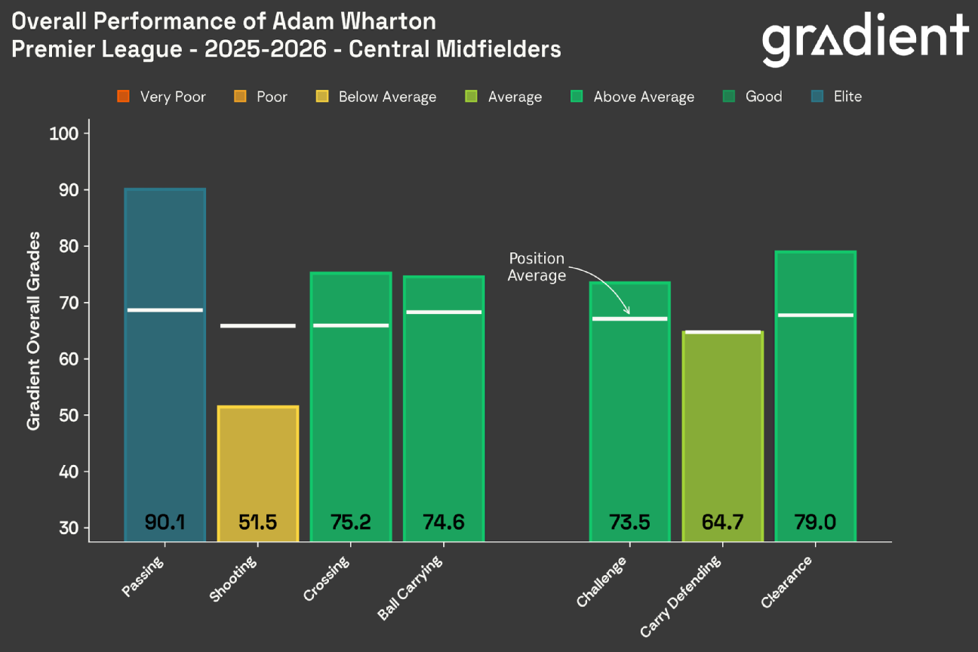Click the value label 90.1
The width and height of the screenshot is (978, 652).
tap(165, 522)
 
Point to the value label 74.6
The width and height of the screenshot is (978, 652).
tap(443, 522)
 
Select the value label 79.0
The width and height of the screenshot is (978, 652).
tap(815, 522)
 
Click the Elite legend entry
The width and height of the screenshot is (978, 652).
tap(837, 97)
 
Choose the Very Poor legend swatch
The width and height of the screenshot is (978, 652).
tap(124, 97)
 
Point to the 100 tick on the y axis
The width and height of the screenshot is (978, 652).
tap(69, 134)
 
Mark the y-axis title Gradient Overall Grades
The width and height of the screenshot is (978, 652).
tap(33, 331)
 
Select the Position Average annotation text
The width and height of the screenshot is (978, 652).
tap(537, 267)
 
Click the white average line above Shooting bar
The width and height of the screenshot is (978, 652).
tap(258, 326)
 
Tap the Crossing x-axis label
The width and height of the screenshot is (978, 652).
tap(327, 579)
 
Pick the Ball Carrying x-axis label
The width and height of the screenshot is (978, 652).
tap(410, 589)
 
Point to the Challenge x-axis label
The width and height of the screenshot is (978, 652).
tap(601, 582)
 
